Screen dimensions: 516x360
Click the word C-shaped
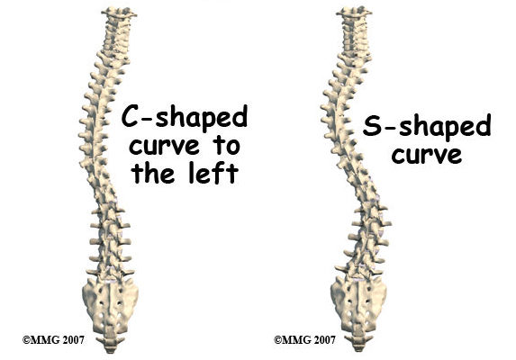(x=185, y=118)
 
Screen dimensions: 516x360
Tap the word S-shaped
(x=427, y=127)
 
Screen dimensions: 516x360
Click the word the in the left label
(x=154, y=174)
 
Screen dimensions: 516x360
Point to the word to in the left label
(x=227, y=146)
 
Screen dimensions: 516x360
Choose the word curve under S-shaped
(x=427, y=156)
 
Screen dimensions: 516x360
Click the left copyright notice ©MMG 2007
(x=53, y=339)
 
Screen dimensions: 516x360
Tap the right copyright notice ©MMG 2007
(x=304, y=339)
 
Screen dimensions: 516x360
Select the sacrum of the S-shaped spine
(x=358, y=304)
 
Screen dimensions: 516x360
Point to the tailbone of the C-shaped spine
(x=111, y=344)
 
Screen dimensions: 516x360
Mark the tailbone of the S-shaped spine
(x=359, y=343)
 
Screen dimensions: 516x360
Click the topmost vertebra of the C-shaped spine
(x=119, y=13)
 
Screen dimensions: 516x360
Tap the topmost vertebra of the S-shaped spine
(x=354, y=13)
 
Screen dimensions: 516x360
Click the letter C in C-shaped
(x=130, y=116)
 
